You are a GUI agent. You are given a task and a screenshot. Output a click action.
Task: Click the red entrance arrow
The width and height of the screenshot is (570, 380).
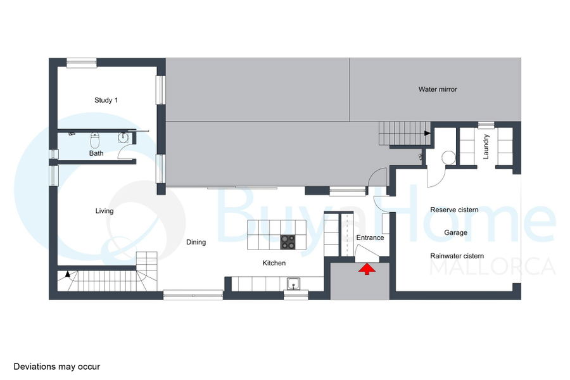(x=367, y=269)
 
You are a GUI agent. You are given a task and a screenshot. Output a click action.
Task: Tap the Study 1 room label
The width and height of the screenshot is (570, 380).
(x=106, y=100)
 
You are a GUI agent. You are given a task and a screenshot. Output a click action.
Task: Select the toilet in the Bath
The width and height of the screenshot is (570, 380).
(x=95, y=140)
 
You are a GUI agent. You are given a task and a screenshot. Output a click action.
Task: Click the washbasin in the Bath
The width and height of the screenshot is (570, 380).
(x=123, y=137)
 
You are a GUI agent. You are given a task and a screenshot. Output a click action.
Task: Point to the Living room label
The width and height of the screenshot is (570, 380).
(x=104, y=211)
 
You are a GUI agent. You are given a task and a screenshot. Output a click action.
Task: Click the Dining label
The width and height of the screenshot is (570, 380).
(x=196, y=242)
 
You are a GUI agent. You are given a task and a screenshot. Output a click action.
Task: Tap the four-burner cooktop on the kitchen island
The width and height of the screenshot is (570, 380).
(x=288, y=242)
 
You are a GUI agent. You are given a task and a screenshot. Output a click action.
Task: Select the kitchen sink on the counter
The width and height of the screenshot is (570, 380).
(x=293, y=284)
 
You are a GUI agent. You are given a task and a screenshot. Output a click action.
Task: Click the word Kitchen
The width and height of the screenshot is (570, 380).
(x=274, y=263)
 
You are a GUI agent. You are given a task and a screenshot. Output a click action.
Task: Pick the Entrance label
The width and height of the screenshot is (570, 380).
(x=370, y=238)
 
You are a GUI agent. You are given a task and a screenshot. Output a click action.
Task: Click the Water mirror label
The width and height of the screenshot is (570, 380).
(x=438, y=89)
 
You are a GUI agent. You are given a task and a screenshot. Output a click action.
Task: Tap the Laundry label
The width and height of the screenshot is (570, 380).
(x=486, y=146)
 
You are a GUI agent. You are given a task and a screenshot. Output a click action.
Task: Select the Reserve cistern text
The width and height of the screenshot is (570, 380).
(x=454, y=210)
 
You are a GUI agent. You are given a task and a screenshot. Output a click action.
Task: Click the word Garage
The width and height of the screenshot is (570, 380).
(x=455, y=232)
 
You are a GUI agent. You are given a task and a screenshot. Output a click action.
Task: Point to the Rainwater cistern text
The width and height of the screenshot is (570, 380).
(x=457, y=256)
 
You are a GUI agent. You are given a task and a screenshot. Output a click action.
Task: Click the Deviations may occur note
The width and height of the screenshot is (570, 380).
(x=57, y=367)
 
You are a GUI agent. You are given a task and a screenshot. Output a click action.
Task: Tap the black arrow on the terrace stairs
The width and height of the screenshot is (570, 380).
(x=427, y=134)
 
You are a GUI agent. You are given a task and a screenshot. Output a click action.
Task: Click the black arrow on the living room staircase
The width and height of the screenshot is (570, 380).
(x=68, y=274)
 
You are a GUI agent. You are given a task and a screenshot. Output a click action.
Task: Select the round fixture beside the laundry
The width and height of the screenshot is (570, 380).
(x=448, y=158)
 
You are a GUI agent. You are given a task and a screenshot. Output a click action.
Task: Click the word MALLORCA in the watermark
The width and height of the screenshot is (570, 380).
(x=493, y=267)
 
